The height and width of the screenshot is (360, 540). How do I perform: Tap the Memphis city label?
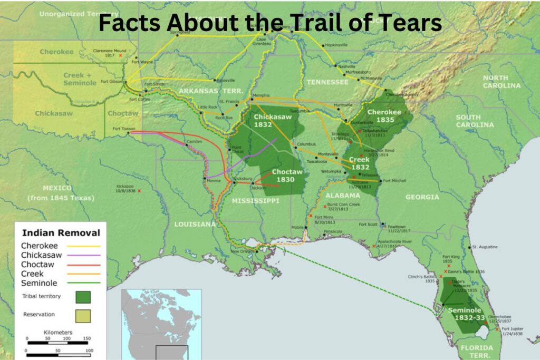261,95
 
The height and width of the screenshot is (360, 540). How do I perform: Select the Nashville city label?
347,67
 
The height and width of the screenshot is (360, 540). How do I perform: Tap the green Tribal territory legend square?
83,297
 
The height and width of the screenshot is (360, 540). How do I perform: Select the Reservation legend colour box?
83,315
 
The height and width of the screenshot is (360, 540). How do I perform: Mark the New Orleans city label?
246,251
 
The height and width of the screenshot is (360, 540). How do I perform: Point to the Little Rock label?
207,107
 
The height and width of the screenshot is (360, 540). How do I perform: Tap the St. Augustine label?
485,247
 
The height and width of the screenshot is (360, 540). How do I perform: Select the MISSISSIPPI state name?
255,201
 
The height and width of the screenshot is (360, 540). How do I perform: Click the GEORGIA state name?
422,197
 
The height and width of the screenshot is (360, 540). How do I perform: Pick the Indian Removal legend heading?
60,232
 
